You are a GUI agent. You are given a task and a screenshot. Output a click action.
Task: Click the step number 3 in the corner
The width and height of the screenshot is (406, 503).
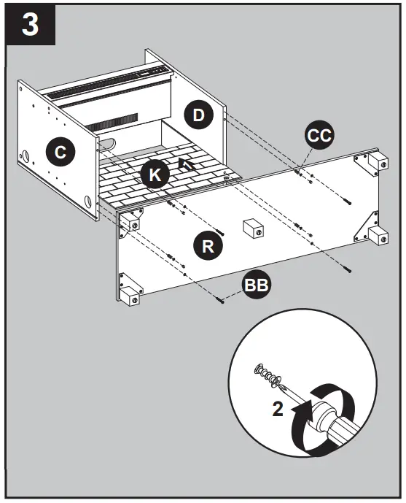31,26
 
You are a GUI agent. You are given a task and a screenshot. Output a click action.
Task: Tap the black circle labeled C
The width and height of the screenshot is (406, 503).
60,152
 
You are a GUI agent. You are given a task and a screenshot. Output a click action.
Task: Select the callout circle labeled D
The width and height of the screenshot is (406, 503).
198,115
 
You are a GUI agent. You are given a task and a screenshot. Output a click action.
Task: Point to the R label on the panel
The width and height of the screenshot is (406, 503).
208,245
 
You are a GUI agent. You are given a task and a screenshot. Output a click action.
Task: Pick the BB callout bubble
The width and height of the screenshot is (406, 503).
256,285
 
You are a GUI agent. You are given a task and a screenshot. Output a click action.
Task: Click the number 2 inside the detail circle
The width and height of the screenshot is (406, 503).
277,409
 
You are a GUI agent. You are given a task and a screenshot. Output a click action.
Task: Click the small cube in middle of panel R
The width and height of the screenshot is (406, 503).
253,229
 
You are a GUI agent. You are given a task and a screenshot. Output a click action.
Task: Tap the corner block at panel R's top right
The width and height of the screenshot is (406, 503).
378,162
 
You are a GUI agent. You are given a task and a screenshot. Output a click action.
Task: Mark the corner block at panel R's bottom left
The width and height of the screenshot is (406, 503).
130,295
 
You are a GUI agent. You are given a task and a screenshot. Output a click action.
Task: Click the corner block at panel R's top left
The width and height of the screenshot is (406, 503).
132,220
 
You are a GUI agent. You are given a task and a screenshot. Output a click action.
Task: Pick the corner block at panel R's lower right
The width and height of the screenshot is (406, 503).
378,235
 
